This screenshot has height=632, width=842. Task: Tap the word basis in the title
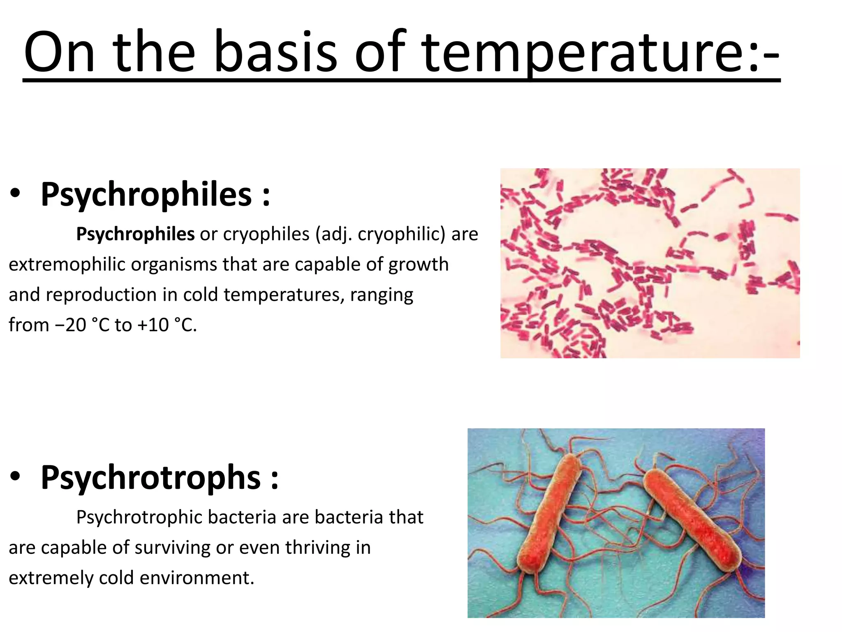[x=275, y=53]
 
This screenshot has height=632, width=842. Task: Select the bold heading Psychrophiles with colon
[x=155, y=194]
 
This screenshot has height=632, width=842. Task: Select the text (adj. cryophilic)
[x=380, y=235]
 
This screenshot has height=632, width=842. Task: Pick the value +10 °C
[x=167, y=325]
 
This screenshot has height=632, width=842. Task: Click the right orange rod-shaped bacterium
[x=691, y=520]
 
